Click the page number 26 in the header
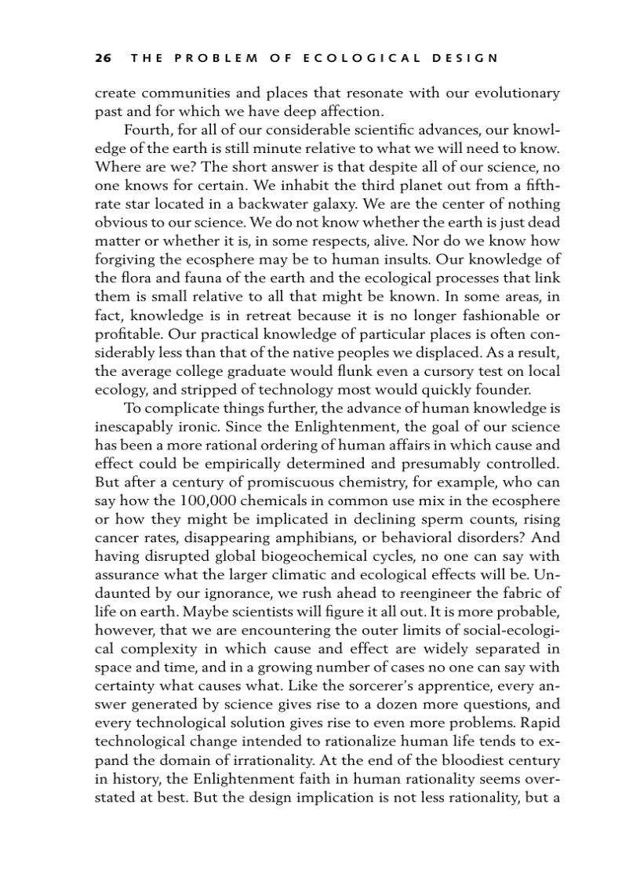pyautogui.click(x=102, y=58)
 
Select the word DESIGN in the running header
pyautogui.click(x=465, y=58)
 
